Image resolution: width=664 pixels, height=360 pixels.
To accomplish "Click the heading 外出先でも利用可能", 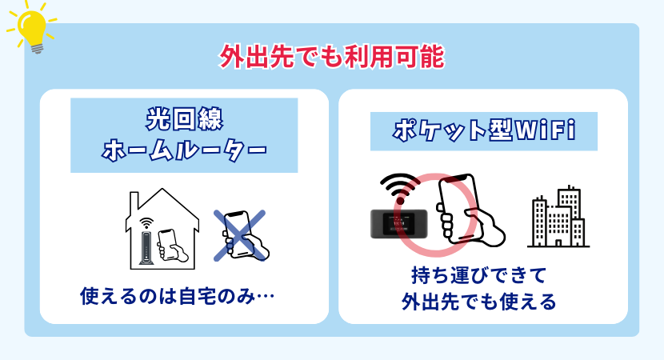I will click(331, 58).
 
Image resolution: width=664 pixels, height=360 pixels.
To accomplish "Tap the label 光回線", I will click(184, 118).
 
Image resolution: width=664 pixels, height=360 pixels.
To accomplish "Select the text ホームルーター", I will click(184, 150).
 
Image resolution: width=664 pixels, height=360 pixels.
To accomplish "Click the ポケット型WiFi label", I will click(484, 130).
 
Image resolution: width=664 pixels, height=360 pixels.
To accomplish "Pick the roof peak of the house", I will click(163, 190).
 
